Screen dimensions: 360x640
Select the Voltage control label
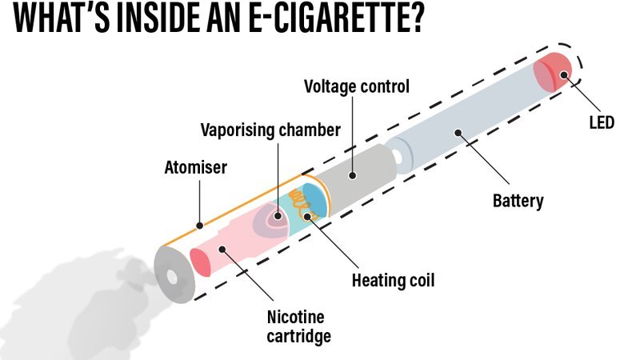click(356, 86)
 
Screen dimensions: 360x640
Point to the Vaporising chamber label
click(270, 129)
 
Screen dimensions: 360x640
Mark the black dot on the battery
click(458, 133)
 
